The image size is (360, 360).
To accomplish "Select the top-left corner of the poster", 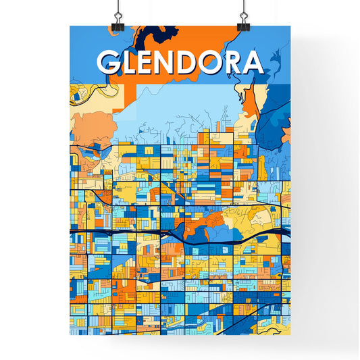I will click(70, 26).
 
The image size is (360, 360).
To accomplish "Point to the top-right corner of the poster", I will click(290, 26).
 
